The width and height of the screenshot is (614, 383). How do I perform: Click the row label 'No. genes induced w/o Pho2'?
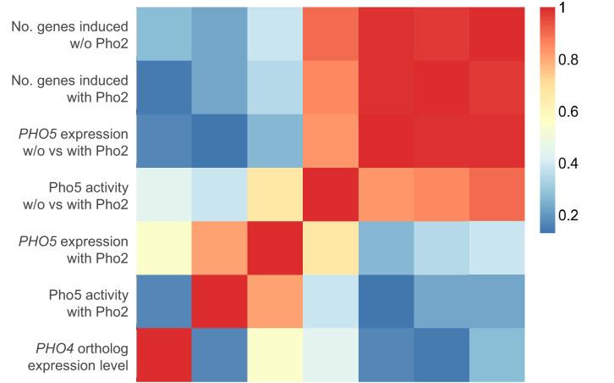pyautogui.click(x=70, y=36)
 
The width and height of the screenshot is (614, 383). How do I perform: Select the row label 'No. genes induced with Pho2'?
pyautogui.click(x=70, y=89)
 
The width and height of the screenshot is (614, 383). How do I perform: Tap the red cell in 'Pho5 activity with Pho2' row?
pyautogui.click(x=219, y=302)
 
